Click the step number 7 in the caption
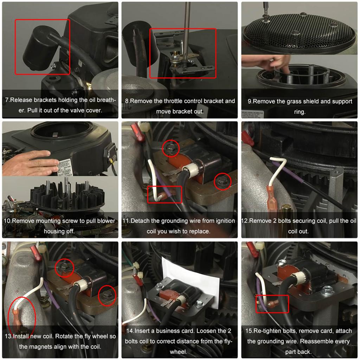coord(7,100)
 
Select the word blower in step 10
coord(104,221)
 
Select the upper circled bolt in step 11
coord(170,148)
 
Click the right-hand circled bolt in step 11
coord(222,181)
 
